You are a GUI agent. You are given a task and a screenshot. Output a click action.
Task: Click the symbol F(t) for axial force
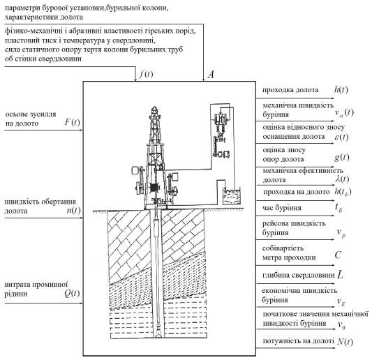(x=72, y=122)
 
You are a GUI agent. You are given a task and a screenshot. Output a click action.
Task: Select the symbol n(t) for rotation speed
(x=73, y=211)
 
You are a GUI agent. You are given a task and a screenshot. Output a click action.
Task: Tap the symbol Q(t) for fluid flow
(x=72, y=294)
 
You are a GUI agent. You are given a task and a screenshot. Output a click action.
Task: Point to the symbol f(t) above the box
(x=147, y=74)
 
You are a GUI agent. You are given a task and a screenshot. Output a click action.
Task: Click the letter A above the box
(x=211, y=75)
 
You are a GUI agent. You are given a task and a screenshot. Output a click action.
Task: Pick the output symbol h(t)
(x=341, y=89)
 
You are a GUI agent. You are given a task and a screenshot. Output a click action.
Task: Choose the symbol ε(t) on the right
(x=341, y=137)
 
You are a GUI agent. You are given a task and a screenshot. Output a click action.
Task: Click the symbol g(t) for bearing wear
(x=341, y=158)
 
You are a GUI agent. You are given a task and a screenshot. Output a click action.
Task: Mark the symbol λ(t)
(x=343, y=179)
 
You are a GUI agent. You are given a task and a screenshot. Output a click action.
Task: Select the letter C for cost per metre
(x=338, y=255)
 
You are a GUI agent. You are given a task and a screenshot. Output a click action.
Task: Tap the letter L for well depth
(x=340, y=275)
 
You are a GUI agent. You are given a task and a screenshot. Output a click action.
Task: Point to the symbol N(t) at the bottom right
(x=345, y=341)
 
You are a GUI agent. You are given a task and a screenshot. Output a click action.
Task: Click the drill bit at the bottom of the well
(x=158, y=333)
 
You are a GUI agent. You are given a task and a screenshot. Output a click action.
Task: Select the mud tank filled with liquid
(x=231, y=197)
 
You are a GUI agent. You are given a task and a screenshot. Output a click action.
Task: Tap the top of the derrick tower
(x=154, y=109)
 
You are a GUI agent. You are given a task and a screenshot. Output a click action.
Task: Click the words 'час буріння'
(x=282, y=208)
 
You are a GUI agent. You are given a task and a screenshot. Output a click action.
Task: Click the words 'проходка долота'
(x=290, y=90)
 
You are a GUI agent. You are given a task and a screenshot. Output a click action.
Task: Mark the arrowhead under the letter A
(x=203, y=80)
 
